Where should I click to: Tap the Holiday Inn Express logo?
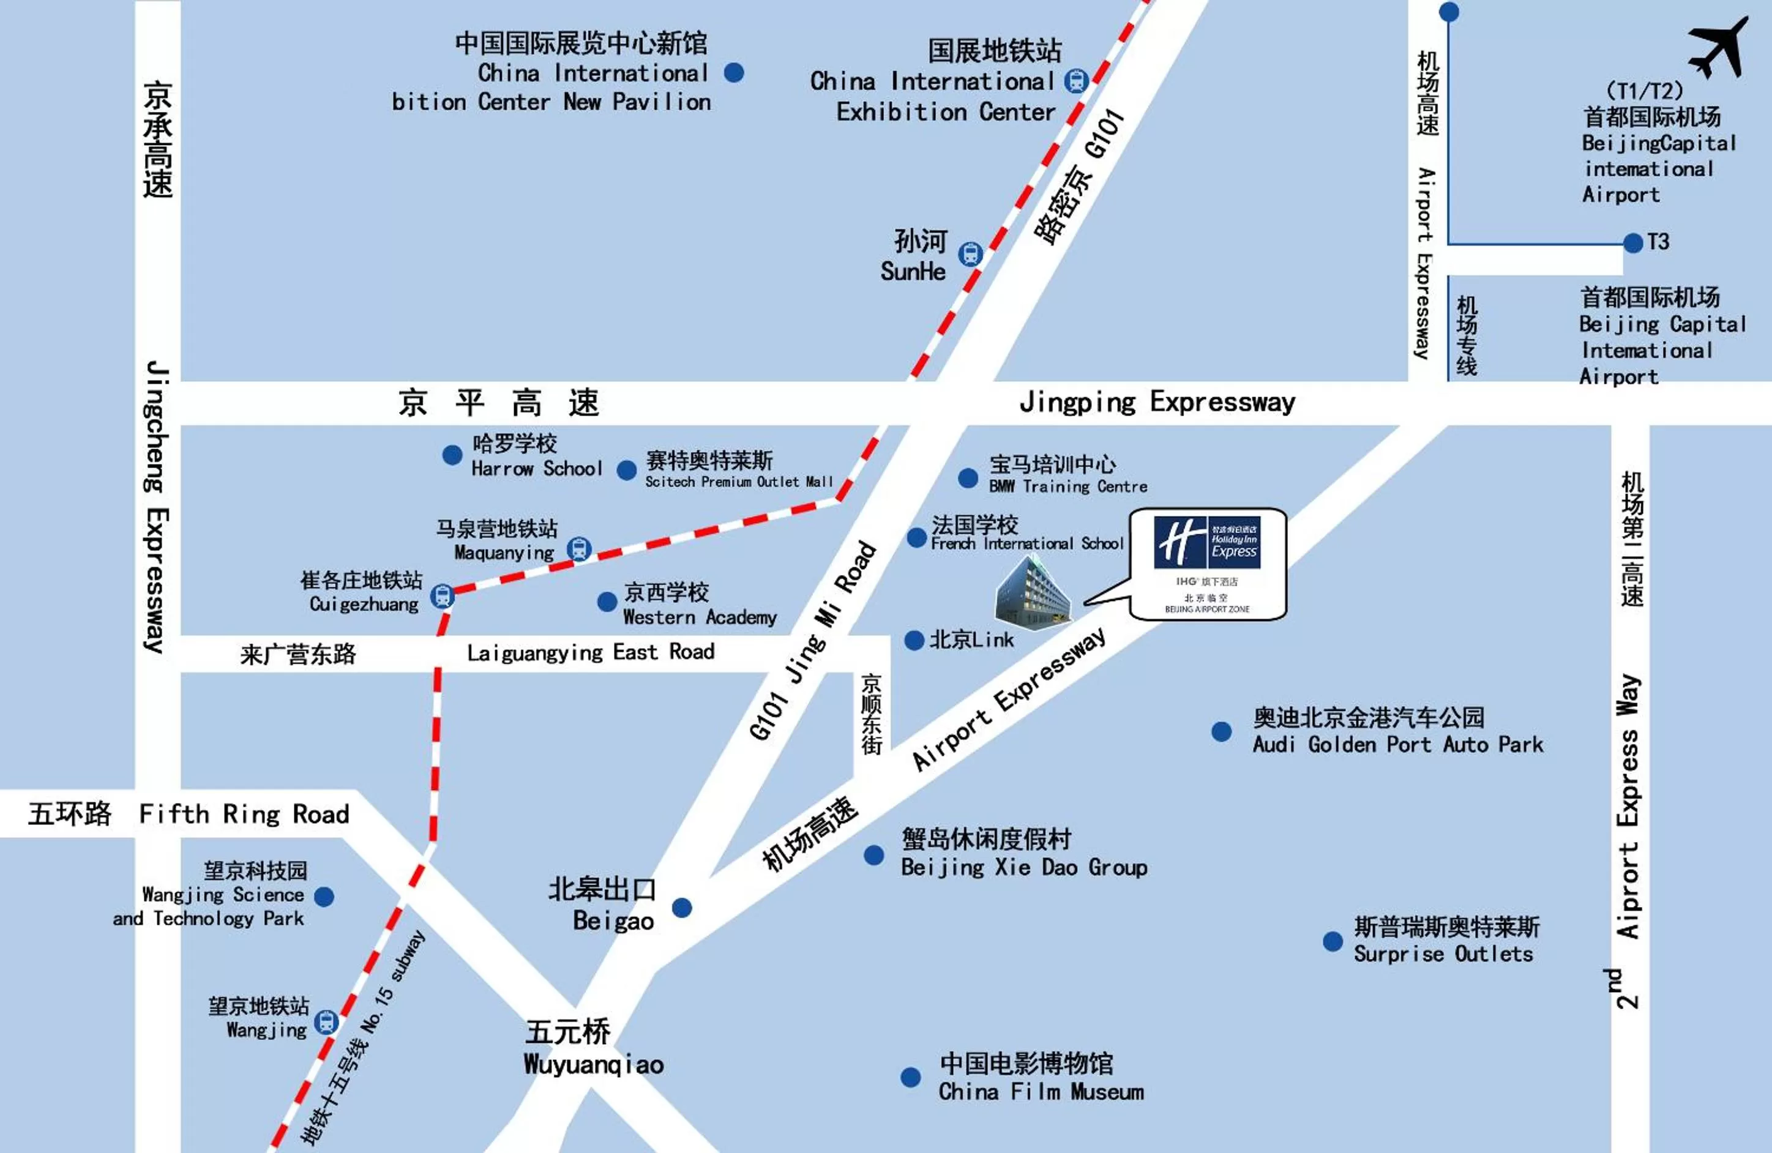click(1207, 541)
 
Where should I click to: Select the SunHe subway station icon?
click(970, 255)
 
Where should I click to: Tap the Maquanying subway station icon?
click(579, 550)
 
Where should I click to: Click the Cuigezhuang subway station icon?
click(443, 595)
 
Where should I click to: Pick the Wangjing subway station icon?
click(326, 1022)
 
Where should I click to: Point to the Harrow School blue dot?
click(452, 455)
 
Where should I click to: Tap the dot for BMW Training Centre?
click(968, 478)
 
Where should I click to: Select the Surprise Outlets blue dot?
click(1333, 942)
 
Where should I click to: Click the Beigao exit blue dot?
click(682, 908)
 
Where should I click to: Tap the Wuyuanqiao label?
click(593, 1064)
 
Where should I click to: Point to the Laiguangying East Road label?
click(591, 653)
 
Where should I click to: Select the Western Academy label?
click(699, 617)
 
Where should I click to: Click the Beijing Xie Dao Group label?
click(1024, 867)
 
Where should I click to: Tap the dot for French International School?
click(916, 537)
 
